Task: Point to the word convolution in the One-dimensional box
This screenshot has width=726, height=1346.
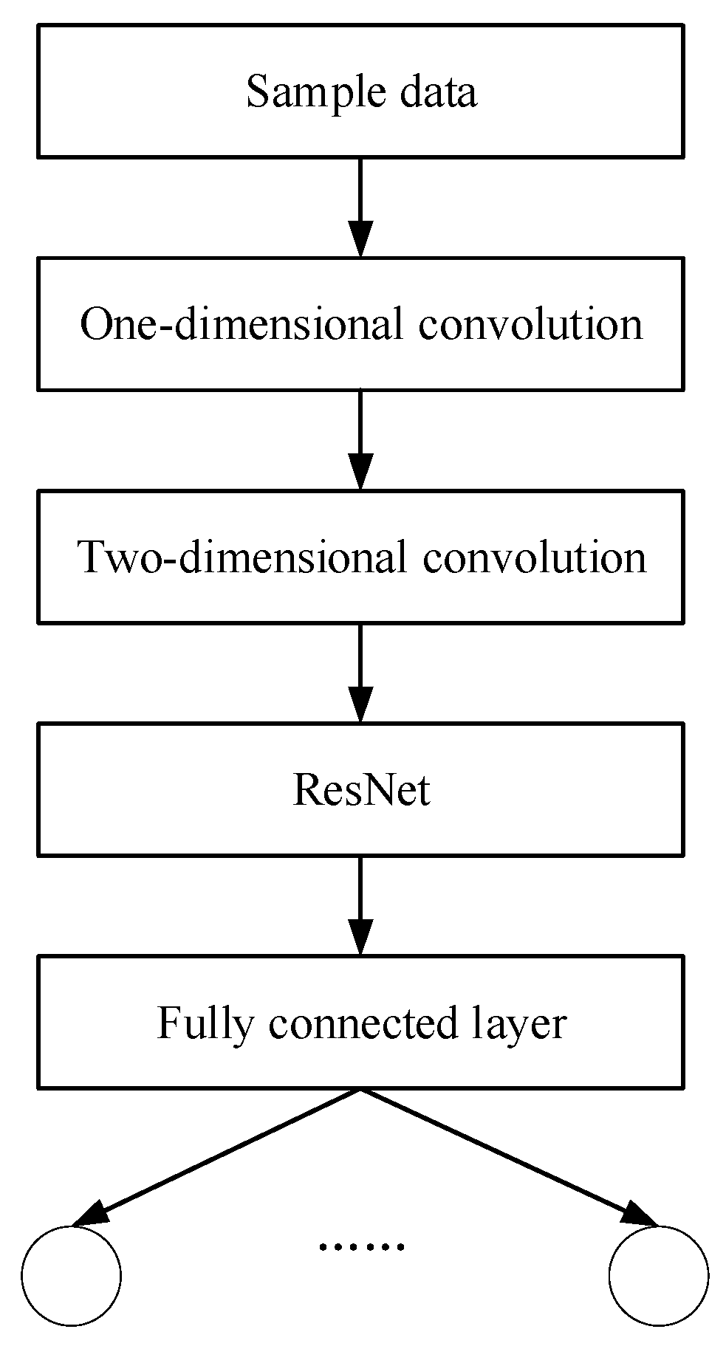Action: pos(530,324)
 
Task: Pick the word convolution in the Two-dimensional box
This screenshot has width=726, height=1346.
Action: pos(534,557)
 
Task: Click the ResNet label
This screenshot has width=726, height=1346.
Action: pos(361,790)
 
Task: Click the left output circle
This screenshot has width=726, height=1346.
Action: pos(71,1275)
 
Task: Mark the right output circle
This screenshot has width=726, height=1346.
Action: pos(658,1275)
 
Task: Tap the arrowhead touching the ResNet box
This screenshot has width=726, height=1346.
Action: pos(360,705)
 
